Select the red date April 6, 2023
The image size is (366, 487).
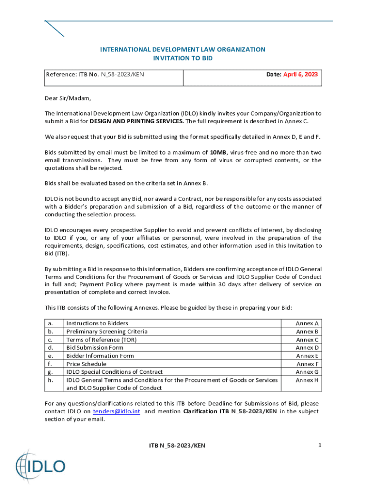tap(300, 74)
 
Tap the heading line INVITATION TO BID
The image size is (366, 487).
tap(183, 58)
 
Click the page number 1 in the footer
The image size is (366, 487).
tap(320, 445)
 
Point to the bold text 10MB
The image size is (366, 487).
tap(218, 152)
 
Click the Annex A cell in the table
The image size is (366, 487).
tap(307, 323)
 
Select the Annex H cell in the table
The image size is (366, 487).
tap(307, 380)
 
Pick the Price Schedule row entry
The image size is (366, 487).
tap(87, 364)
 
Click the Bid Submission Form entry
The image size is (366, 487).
tap(95, 348)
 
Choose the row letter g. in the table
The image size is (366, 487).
tap(50, 372)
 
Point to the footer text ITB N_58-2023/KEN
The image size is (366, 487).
tap(177, 446)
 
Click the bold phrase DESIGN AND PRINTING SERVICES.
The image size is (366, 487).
tap(136, 121)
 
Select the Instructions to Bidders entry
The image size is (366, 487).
tap(97, 323)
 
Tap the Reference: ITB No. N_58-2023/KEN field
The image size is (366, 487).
tap(95, 74)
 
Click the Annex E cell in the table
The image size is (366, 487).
tap(307, 356)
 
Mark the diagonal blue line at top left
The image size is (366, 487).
tap(54, 29)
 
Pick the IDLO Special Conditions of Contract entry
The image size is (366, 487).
tap(115, 372)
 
